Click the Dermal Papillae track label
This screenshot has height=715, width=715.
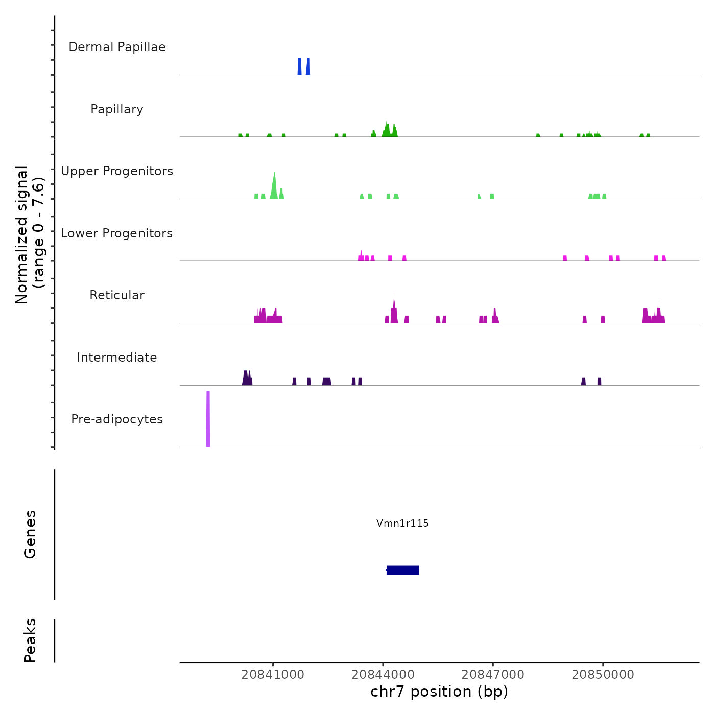pos(117,47)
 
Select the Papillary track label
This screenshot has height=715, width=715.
pos(117,109)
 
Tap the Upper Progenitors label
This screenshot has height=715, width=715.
pos(117,171)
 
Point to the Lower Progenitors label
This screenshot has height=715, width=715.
pos(117,233)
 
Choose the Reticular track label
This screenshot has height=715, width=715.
pos(117,295)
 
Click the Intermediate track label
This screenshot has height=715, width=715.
pos(117,357)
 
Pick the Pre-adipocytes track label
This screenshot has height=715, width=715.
pos(117,419)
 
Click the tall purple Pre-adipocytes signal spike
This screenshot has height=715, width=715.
pos(208,419)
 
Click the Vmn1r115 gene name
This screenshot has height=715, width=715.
pos(402,523)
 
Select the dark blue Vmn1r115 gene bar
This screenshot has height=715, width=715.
pos(403,570)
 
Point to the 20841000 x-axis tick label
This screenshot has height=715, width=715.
pos(273,674)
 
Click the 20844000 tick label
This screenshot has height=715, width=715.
pos(383,674)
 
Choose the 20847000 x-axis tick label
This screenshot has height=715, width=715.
pos(493,674)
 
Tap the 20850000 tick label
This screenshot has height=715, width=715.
pos(603,674)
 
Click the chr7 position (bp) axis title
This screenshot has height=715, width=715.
pos(439,692)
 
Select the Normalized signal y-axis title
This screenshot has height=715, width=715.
pos(30,235)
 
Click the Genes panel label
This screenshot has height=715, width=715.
pos(30,534)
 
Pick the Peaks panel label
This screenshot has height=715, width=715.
pos(30,640)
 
